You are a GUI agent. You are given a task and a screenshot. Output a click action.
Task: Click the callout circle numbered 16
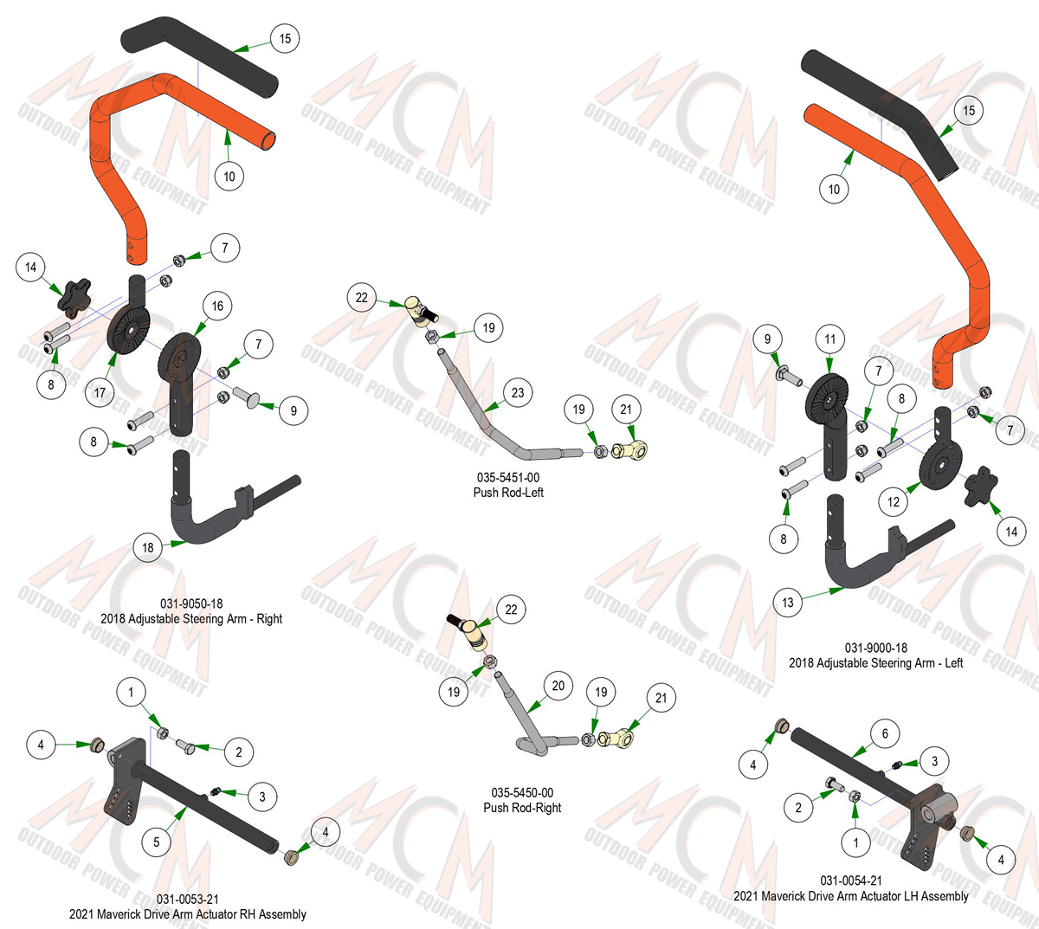tap(217, 306)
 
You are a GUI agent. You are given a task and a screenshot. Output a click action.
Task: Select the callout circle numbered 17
tap(100, 393)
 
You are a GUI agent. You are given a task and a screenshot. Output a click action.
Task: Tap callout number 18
tap(148, 548)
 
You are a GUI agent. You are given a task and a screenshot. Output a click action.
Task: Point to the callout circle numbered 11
tap(830, 339)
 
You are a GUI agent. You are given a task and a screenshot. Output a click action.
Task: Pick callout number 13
tap(788, 603)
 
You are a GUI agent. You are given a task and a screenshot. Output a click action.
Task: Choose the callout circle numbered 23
tap(518, 393)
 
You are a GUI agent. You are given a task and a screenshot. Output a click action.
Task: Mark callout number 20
tap(558, 686)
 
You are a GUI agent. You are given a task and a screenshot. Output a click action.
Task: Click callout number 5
tap(157, 842)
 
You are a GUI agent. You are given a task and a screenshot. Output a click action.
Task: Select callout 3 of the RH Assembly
tap(262, 797)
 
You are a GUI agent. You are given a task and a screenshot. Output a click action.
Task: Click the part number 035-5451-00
tap(508, 478)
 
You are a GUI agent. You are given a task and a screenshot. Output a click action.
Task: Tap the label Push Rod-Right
tap(522, 808)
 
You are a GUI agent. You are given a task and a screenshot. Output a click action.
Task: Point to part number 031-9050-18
tap(191, 603)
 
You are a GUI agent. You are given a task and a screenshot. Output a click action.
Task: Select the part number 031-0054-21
tap(851, 881)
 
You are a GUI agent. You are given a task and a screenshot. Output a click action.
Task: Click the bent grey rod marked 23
tap(493, 421)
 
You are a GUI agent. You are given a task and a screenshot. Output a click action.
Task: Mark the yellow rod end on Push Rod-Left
tap(629, 450)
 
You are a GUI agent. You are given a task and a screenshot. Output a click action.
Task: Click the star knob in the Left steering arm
tap(981, 485)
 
